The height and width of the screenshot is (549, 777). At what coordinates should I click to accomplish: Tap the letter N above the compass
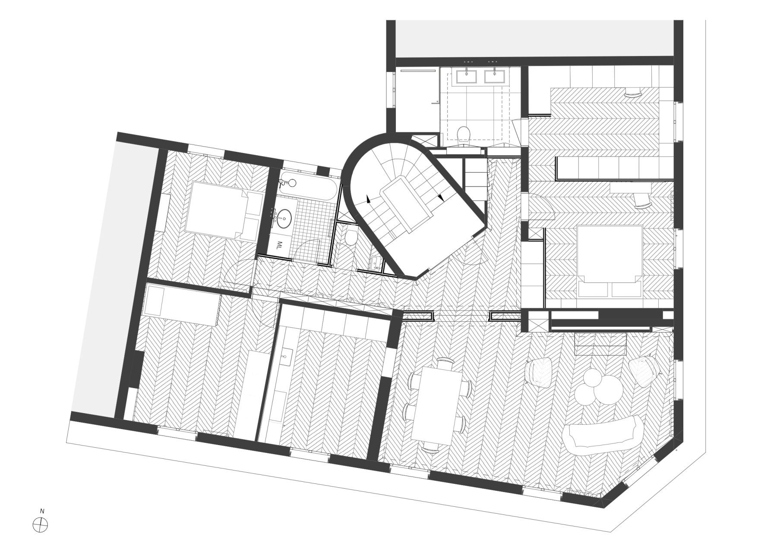[x=42, y=511]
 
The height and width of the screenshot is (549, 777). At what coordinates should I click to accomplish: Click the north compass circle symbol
[x=41, y=525]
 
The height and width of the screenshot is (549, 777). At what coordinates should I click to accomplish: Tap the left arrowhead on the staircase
[x=368, y=199]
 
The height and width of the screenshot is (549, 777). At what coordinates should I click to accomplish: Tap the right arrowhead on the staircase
[x=440, y=197]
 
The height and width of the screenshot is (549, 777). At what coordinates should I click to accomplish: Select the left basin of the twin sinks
[x=467, y=76]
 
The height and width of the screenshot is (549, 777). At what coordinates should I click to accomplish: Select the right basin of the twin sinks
[x=495, y=76]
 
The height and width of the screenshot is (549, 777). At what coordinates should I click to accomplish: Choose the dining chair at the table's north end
[x=444, y=362]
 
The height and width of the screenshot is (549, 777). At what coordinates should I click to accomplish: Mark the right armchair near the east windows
[x=644, y=369]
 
